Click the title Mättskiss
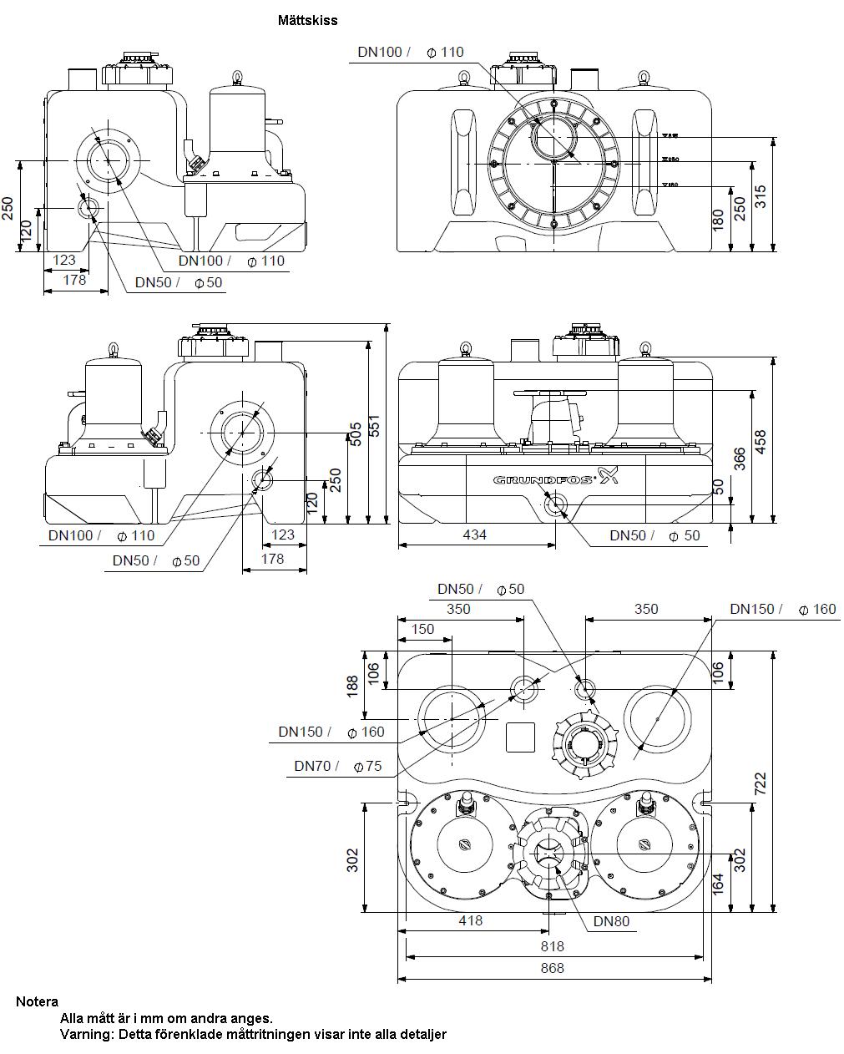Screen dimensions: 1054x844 point(307,20)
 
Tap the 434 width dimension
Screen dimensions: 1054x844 point(474,535)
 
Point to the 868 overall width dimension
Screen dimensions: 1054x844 point(553,968)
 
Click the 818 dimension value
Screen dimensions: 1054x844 point(553,946)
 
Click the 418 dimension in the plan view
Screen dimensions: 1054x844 point(471,920)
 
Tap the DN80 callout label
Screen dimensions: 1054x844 point(611,922)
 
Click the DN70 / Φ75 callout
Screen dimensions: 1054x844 point(337,766)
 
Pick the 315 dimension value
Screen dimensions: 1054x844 point(760,196)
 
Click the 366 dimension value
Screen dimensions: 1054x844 point(740,459)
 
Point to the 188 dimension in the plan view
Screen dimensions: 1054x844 point(353,686)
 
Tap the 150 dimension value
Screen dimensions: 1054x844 point(423,629)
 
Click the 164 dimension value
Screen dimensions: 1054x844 point(717,884)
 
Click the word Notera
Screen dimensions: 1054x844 point(37,1001)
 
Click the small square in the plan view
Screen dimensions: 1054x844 point(522,736)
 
